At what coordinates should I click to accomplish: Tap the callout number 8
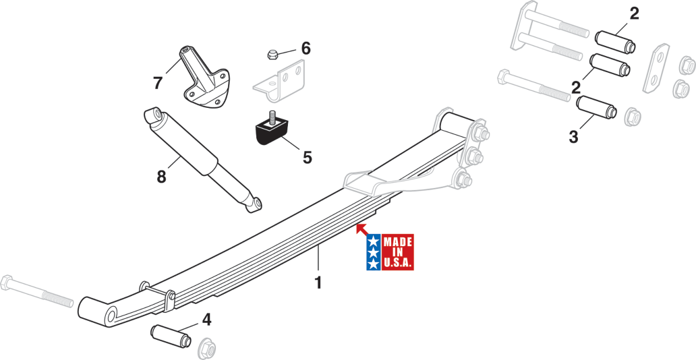point(161,177)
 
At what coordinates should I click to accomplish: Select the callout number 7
point(158,83)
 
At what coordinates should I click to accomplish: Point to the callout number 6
point(306,48)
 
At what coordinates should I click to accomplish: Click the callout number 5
point(307,157)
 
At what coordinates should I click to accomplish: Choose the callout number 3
point(573,137)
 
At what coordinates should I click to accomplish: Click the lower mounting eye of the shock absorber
point(254,203)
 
